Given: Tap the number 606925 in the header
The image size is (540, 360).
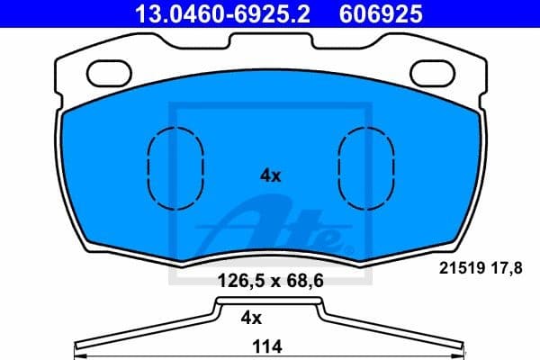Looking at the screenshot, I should pos(381,14).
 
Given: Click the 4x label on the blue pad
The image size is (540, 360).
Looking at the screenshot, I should pos(270,176).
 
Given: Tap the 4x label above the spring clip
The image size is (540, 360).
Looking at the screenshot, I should pos(251,317).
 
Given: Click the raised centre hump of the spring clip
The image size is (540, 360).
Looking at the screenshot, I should pos(269,302).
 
